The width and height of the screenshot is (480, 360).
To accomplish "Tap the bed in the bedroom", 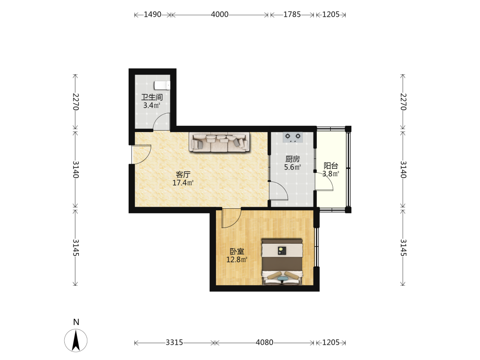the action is click(282, 262).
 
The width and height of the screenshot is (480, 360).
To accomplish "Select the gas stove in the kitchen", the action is click(293, 137).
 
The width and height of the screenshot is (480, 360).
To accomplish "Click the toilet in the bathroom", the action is click(162, 85).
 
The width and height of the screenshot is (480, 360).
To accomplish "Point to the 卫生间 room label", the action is click(152, 97).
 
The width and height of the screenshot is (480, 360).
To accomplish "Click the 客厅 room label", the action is click(183, 175).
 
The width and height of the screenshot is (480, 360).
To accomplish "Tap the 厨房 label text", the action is click(293, 159).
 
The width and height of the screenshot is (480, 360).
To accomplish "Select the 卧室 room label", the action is click(237, 252).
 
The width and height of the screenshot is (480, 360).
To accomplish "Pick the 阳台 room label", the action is click(331, 166).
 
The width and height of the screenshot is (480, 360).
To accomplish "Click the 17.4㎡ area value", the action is click(183, 183).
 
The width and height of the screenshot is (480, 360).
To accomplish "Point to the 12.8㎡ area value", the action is click(237, 260).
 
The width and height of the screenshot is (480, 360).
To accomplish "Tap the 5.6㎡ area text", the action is click(293, 167).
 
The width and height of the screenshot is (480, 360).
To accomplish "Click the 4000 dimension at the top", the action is click(220, 14).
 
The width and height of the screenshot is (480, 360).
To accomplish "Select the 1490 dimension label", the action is click(153, 14).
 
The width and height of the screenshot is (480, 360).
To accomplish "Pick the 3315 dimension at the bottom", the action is click(175, 342).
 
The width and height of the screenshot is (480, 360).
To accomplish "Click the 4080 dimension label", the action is click(264, 342).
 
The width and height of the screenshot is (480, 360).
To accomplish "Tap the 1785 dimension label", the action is click(292, 14).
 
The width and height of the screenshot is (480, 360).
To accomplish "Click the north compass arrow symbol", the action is click(76, 340).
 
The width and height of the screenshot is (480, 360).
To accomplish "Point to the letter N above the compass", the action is click(76, 322).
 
